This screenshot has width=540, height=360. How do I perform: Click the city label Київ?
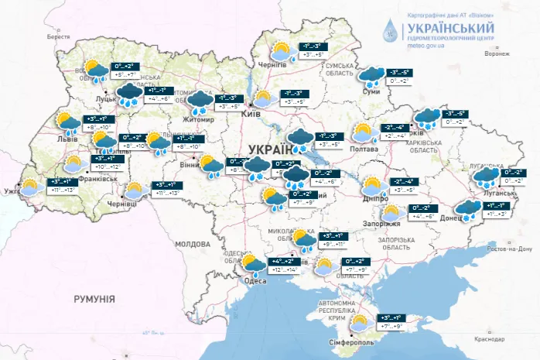point(250,113)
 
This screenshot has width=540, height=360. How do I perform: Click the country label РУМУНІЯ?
point(94,297)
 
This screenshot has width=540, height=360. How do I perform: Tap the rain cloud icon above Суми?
point(374,75)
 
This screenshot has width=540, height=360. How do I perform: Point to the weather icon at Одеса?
point(253,266)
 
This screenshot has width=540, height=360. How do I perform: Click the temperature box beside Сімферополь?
point(388,322)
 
